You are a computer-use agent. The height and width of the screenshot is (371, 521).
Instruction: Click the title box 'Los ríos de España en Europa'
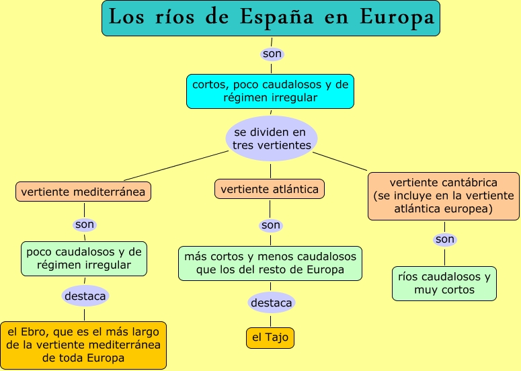tap(271, 18)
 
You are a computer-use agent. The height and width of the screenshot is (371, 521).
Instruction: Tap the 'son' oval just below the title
tap(272, 53)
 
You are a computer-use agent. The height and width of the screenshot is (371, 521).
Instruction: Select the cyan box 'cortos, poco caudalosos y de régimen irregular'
tap(270, 91)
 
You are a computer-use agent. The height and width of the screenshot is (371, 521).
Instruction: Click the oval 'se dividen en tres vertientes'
tap(272, 138)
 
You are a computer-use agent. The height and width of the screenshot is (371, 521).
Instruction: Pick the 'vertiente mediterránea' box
tap(83, 192)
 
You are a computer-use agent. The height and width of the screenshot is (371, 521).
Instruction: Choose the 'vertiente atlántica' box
tap(270, 189)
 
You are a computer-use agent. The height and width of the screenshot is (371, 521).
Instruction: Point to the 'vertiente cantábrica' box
tap(444, 196)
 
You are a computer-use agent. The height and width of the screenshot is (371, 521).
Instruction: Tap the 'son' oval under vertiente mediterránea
tap(85, 224)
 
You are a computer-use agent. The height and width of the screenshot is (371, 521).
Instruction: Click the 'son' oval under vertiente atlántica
tap(271, 225)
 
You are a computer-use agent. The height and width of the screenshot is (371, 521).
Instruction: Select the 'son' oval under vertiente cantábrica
tap(444, 239)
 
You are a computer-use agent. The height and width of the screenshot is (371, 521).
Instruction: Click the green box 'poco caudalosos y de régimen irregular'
tap(84, 259)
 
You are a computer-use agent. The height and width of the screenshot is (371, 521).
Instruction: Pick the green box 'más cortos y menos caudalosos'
tap(270, 263)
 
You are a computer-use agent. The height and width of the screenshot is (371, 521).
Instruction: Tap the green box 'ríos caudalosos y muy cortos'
tap(444, 284)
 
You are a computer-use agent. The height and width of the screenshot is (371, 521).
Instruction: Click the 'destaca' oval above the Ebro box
tap(85, 295)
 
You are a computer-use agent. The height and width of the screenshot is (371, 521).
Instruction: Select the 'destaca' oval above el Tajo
tap(271, 303)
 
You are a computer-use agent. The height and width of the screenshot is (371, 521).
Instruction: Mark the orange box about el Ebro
tap(84, 345)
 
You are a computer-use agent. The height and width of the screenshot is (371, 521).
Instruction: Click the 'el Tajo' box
tap(271, 337)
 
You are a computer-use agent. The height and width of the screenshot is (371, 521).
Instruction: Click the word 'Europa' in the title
tap(397, 18)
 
